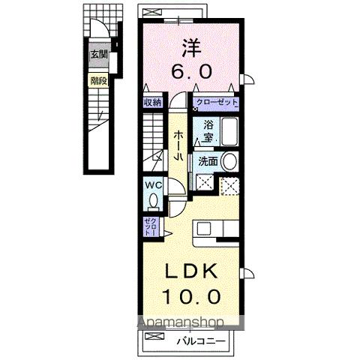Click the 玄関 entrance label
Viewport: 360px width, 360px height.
tap(99, 54)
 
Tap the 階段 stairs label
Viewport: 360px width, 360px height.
tap(98, 80)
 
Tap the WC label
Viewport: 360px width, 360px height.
tap(152, 185)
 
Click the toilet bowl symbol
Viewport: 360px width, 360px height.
tap(152, 201)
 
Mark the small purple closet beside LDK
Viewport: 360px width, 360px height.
tap(150, 225)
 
